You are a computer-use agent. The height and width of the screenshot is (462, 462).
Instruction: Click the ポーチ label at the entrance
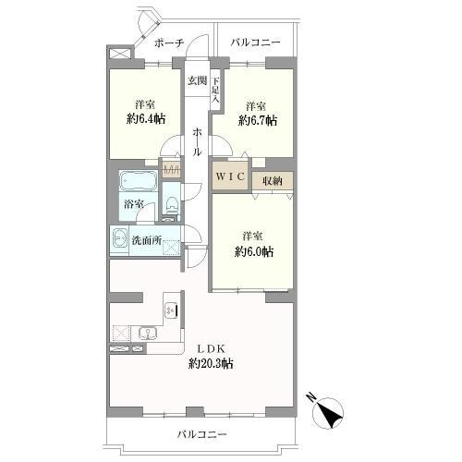[x=169, y=43]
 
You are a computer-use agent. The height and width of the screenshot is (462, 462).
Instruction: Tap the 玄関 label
[x=198, y=80]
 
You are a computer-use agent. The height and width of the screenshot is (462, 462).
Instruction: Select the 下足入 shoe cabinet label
[x=215, y=90]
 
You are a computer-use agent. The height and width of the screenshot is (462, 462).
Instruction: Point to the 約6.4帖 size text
[x=146, y=118]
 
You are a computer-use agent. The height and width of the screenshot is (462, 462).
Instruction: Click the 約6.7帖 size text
[x=258, y=120]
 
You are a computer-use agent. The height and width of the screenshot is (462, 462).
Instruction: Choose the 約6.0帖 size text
[x=254, y=252]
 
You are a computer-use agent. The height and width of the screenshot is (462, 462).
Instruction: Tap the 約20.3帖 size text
[x=211, y=364]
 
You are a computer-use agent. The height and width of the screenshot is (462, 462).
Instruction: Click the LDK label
[x=211, y=349]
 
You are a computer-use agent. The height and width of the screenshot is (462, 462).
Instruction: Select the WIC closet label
[x=230, y=176]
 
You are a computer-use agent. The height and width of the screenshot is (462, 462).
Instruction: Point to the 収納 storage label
[x=273, y=181]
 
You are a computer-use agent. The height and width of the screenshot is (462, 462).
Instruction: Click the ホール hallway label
[x=198, y=142]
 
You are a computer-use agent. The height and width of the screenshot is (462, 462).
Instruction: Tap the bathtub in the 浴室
[x=139, y=180]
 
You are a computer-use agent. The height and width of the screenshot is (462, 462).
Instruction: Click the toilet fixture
[x=171, y=204]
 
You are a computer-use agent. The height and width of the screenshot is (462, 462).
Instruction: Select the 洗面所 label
[x=147, y=240]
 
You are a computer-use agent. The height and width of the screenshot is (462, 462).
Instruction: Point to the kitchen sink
[x=148, y=334]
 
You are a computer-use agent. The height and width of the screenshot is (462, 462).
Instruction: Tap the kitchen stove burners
[x=171, y=310]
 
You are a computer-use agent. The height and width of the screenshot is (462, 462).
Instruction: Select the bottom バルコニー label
[x=201, y=434]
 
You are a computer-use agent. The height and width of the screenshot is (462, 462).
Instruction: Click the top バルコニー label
[x=256, y=43]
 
